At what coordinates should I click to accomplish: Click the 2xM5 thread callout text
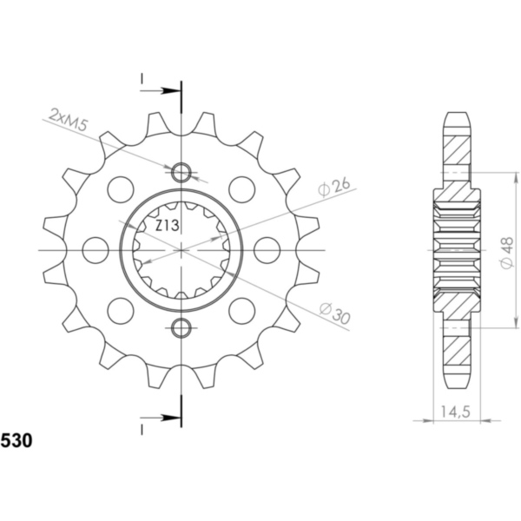click(x=69, y=120)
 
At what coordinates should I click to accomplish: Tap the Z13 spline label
click(x=168, y=227)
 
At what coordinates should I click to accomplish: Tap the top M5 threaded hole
click(x=181, y=173)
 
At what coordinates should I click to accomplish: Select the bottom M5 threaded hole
click(x=181, y=327)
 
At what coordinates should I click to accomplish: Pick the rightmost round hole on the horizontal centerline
click(x=267, y=250)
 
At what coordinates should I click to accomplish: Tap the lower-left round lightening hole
click(x=120, y=311)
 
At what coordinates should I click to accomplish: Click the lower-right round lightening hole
click(x=241, y=311)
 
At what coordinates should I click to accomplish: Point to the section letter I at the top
click(x=140, y=81)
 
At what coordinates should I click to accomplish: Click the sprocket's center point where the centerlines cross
click(x=181, y=250)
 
